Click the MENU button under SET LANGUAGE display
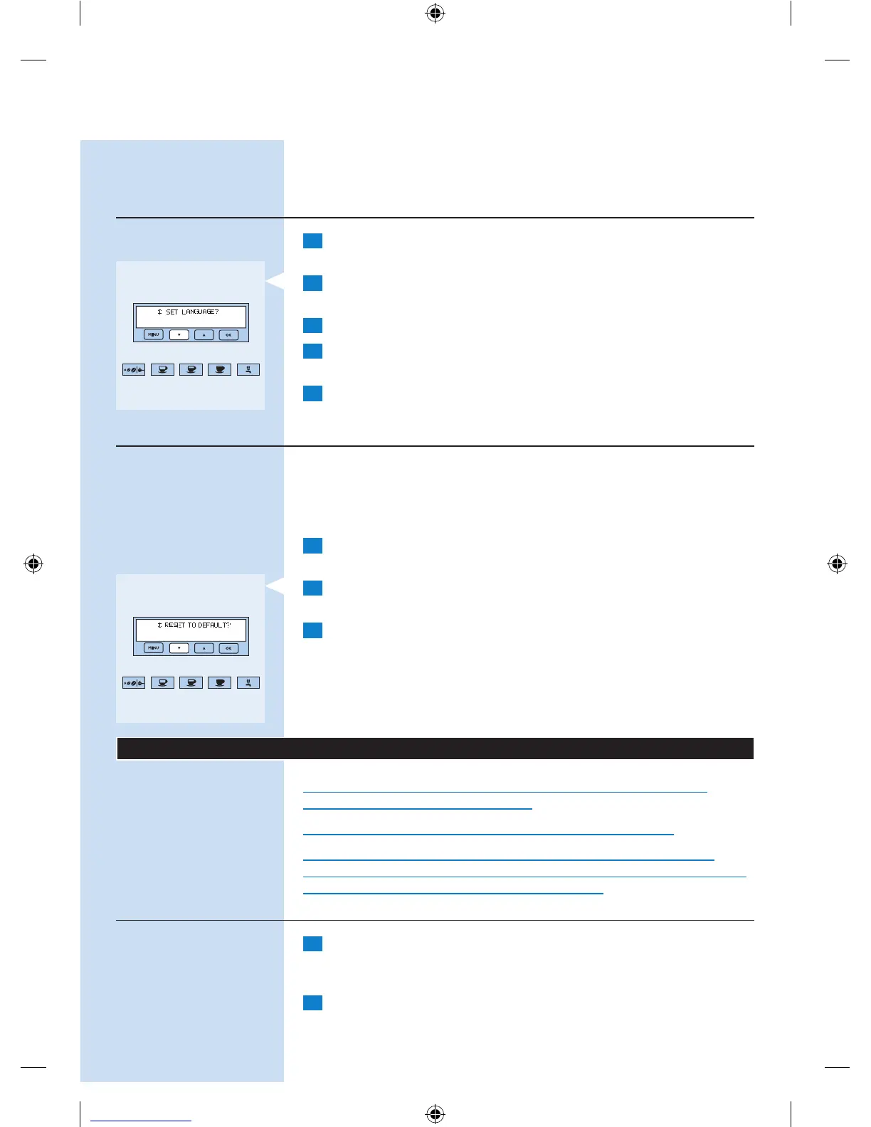pos(154,334)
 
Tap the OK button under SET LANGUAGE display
pos(228,334)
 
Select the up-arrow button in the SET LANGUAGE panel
pos(204,334)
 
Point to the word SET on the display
pos(171,312)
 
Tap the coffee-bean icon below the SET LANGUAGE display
pos(134,370)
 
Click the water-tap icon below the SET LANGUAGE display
pos(248,370)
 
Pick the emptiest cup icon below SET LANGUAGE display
pos(163,370)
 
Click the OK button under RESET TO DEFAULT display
pos(228,648)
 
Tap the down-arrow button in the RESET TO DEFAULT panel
pos(179,648)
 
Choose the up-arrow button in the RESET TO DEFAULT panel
pos(204,648)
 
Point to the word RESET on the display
pos(175,625)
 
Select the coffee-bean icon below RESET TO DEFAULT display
pos(134,683)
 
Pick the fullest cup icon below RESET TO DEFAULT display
pos(220,683)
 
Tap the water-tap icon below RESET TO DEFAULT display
pos(248,683)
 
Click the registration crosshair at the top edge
pos(435,13)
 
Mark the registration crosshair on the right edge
pos(838,564)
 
